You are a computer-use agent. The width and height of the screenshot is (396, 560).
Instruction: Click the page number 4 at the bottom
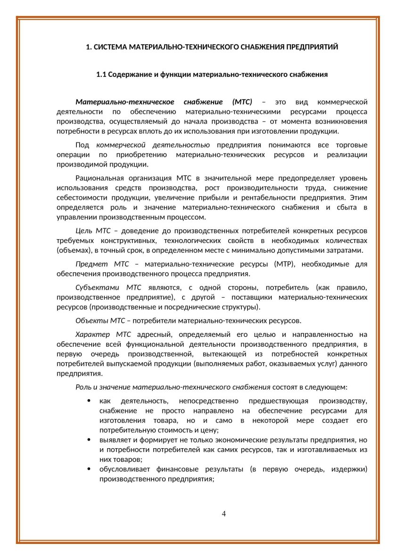point(224,514)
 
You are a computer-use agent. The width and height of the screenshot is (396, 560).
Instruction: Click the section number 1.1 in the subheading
point(102,75)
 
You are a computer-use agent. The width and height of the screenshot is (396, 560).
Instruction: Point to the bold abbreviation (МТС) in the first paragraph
point(243,102)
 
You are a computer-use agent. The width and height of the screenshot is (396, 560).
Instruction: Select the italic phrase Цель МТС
point(93,231)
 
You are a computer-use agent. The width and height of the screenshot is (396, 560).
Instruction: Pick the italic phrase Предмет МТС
point(99,264)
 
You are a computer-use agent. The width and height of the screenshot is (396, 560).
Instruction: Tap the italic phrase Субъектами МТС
point(101,287)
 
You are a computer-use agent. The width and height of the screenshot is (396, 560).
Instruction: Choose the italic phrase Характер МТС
point(103,334)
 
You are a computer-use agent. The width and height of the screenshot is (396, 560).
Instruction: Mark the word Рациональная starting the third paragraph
point(99,178)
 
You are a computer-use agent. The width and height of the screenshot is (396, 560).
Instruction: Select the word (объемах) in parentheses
point(72,250)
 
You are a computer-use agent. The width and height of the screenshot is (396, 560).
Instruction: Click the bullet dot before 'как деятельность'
point(89,401)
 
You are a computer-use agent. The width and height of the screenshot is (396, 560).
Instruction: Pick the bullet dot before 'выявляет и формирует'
point(89,440)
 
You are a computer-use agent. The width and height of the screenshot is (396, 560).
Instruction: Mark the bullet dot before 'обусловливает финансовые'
point(89,469)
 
